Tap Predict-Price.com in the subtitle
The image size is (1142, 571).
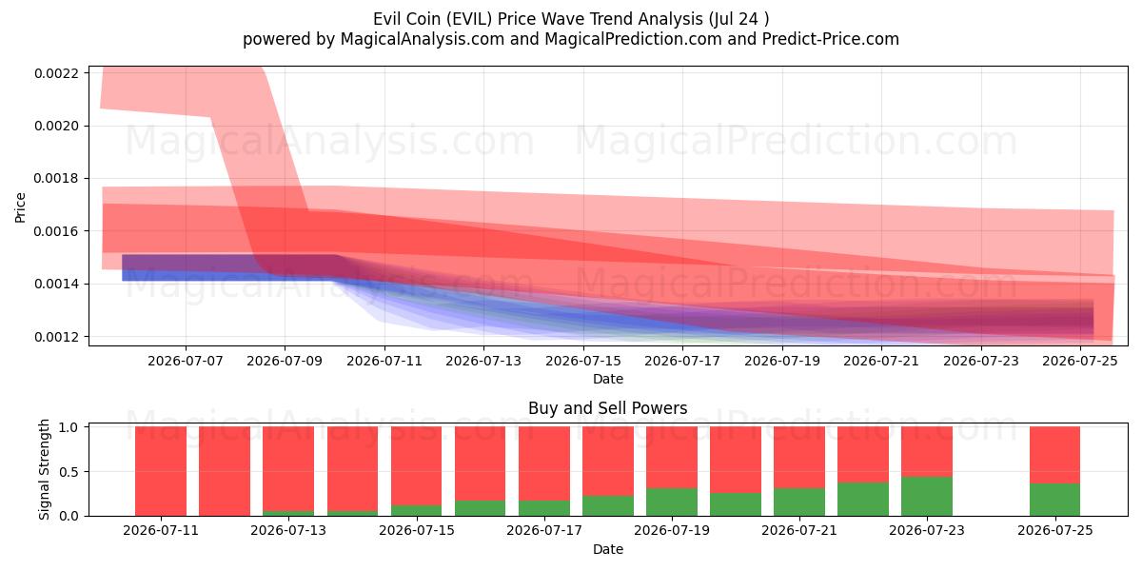[x=831, y=39]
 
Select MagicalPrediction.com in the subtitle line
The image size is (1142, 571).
[x=633, y=39]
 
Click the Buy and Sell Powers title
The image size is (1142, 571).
[x=608, y=408]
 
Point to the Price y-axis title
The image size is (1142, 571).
[x=20, y=207]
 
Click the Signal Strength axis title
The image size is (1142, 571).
[x=44, y=469]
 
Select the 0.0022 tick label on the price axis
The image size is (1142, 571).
[x=56, y=73]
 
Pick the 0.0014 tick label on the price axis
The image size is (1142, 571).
[x=56, y=284]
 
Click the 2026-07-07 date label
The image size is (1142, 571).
[x=185, y=361]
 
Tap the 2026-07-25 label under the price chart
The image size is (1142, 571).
[x=1080, y=361]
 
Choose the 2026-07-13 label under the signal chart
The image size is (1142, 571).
[x=288, y=531]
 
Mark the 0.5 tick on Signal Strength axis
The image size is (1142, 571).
[x=69, y=472]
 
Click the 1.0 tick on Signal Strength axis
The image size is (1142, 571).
[x=69, y=427]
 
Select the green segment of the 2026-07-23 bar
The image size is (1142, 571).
[x=927, y=497]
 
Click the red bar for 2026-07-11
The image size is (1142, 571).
[x=161, y=471]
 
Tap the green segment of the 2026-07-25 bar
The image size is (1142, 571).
[x=1054, y=500]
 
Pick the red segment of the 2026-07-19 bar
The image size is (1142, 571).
[x=672, y=458]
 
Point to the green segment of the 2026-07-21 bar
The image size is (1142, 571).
[x=799, y=502]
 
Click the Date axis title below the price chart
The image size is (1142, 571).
[x=608, y=379]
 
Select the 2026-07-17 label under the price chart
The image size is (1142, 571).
[x=682, y=361]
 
